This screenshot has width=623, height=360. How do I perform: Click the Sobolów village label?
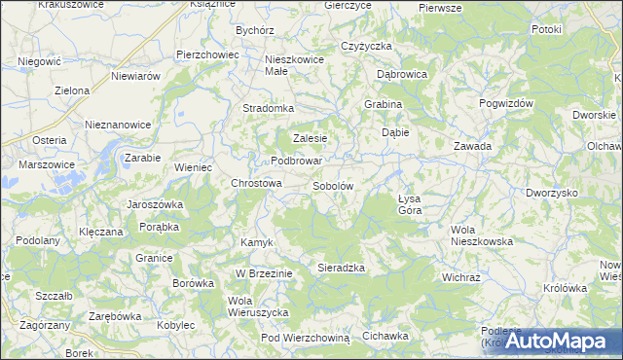click(333, 185)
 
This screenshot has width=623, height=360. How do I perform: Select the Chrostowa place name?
click(256, 182)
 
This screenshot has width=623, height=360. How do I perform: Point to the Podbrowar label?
click(296, 161)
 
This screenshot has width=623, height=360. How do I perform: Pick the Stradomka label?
click(268, 108)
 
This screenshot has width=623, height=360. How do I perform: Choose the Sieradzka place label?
click(341, 267)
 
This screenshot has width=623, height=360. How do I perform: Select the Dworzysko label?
click(551, 193)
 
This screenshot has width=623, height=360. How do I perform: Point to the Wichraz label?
click(460, 276)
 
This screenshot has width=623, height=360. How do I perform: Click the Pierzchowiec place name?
click(207, 54)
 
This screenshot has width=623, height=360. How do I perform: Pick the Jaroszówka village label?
click(156, 204)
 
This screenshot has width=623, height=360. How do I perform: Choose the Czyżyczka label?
click(366, 46)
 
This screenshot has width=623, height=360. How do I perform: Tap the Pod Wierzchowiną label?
click(305, 337)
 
